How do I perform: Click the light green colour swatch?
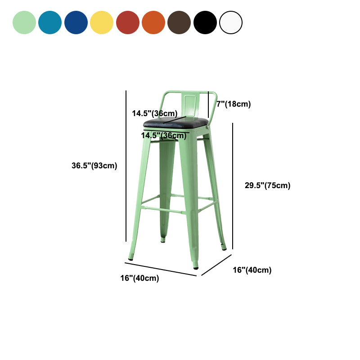pyautogui.click(x=24, y=22)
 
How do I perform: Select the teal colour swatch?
pyautogui.click(x=50, y=22)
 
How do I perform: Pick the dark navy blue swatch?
pyautogui.click(x=76, y=22)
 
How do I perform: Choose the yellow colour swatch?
pyautogui.click(x=102, y=22)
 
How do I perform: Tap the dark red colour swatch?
pyautogui.click(x=128, y=22)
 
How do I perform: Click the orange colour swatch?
pyautogui.click(x=153, y=22)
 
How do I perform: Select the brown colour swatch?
pyautogui.click(x=179, y=22)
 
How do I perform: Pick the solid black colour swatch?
pyautogui.click(x=205, y=22)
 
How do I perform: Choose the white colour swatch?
pyautogui.click(x=231, y=22)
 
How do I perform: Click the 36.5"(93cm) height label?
pyautogui.click(x=94, y=166)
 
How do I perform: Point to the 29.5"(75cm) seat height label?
pyautogui.click(x=268, y=185)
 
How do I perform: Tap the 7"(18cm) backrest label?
pyautogui.click(x=234, y=104)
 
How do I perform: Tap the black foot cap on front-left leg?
pyautogui.click(x=131, y=259)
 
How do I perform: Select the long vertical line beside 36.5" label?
pyautogui.click(x=126, y=166)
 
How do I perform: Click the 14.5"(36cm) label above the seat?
pyautogui.click(x=154, y=113)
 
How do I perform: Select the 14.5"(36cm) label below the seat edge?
pyautogui.click(x=163, y=135)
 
